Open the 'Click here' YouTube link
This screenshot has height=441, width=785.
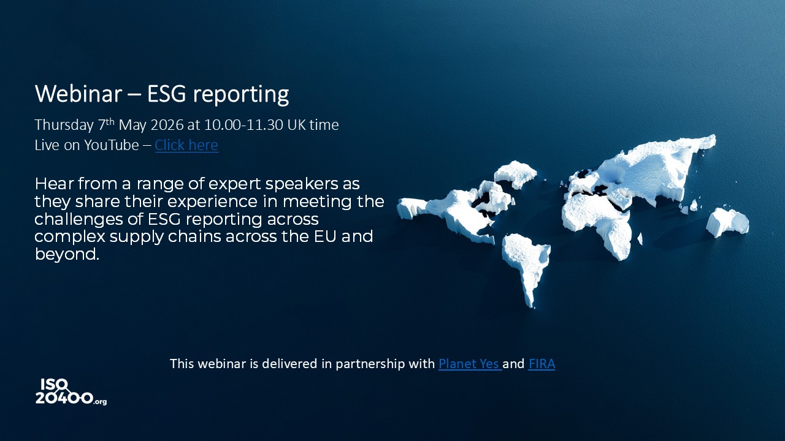186,145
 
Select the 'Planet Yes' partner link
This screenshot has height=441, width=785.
469,364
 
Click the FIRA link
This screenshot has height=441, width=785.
542,364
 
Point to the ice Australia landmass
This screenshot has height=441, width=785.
727,221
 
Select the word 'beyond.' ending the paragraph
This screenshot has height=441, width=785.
67,254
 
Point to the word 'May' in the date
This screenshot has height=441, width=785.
131,125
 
